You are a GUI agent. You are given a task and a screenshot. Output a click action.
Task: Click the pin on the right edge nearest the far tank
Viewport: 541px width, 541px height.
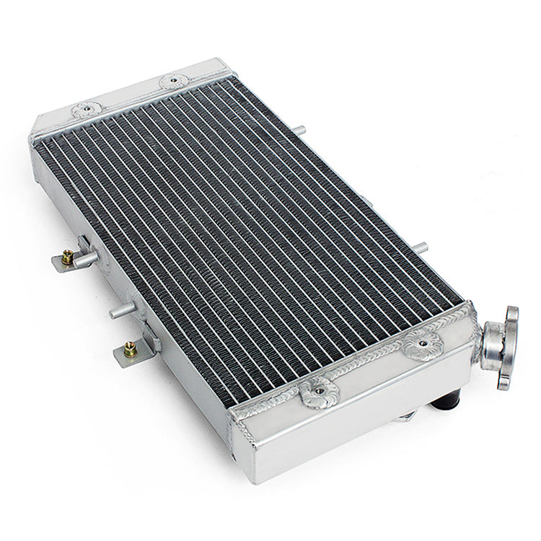(x=299, y=130)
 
